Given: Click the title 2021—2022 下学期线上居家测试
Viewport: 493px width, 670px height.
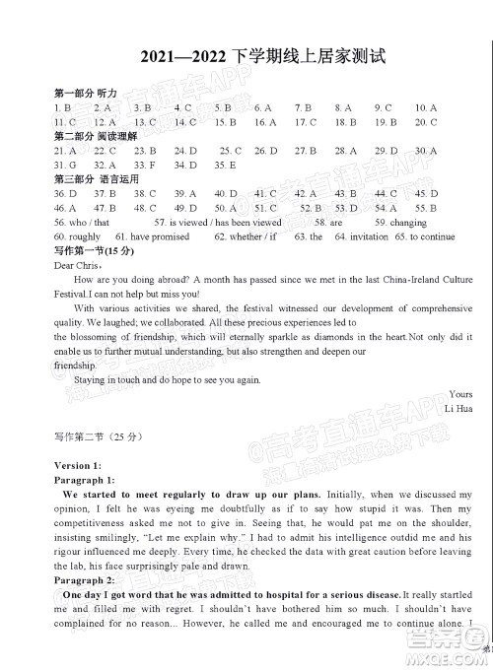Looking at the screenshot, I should [246, 60].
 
